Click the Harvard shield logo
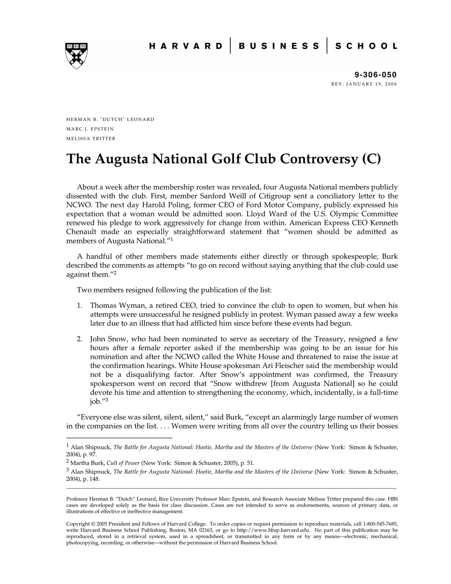76,55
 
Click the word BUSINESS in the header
279,46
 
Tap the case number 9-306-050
375,75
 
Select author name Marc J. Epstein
90,129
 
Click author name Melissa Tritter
91,139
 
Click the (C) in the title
371,159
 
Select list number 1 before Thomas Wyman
80,305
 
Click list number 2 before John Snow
80,339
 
